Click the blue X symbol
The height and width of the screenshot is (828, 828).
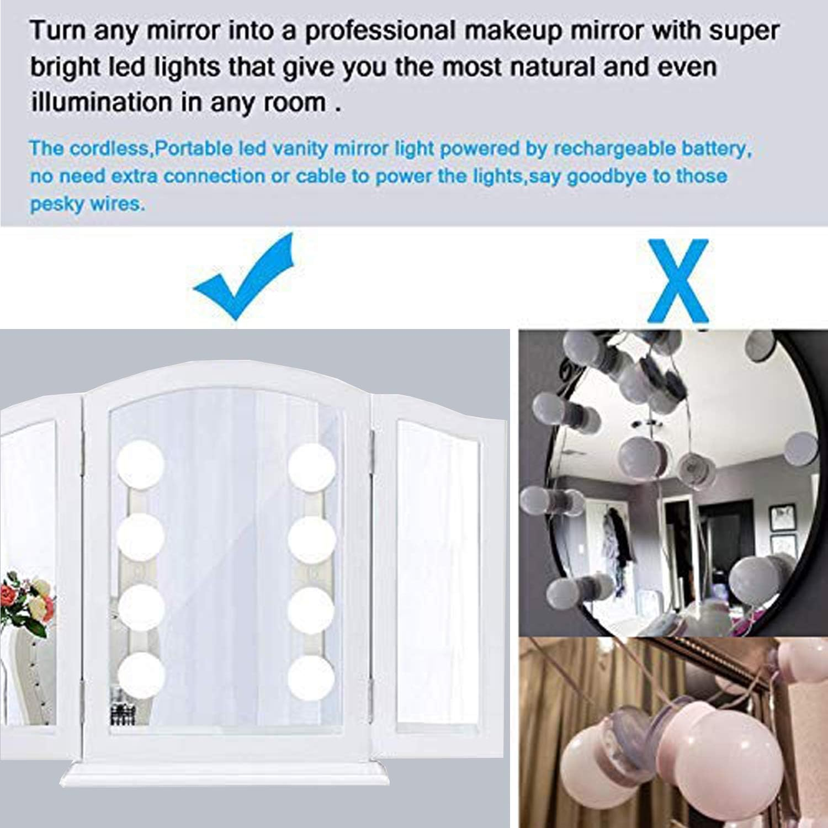pos(678,280)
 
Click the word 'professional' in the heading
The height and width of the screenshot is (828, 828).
pos(380,31)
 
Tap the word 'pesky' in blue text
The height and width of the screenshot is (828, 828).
pos(54,204)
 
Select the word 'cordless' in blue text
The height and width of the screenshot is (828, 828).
pos(112,148)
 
